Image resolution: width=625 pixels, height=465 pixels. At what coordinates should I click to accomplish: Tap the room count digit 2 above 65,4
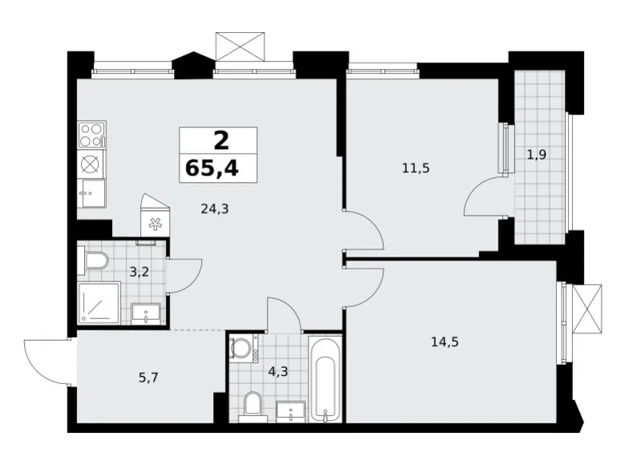[220, 140]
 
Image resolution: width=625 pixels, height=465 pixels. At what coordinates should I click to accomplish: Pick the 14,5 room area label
[444, 342]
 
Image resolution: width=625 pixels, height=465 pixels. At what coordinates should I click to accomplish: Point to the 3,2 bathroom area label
[139, 272]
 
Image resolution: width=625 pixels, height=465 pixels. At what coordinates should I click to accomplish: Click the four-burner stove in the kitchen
[91, 133]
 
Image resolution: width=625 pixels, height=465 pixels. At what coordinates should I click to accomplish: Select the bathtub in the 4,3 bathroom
[325, 382]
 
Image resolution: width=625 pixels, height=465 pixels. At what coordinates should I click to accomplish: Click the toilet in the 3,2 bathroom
[95, 260]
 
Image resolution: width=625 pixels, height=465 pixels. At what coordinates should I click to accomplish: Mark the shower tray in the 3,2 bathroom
[98, 304]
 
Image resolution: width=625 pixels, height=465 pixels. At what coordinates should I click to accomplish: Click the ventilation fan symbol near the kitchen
[155, 225]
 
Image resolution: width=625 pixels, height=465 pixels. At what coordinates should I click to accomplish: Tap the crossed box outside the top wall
[239, 46]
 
